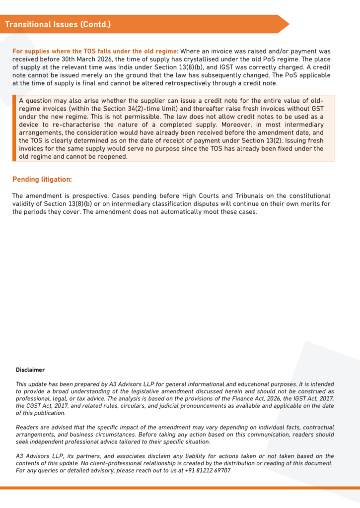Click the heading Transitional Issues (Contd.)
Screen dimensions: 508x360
58,24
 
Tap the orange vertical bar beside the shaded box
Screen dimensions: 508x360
14,128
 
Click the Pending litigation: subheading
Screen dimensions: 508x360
42,179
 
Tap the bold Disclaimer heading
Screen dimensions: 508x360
30,370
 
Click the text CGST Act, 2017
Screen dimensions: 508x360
42,406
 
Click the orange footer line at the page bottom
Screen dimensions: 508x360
180,488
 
